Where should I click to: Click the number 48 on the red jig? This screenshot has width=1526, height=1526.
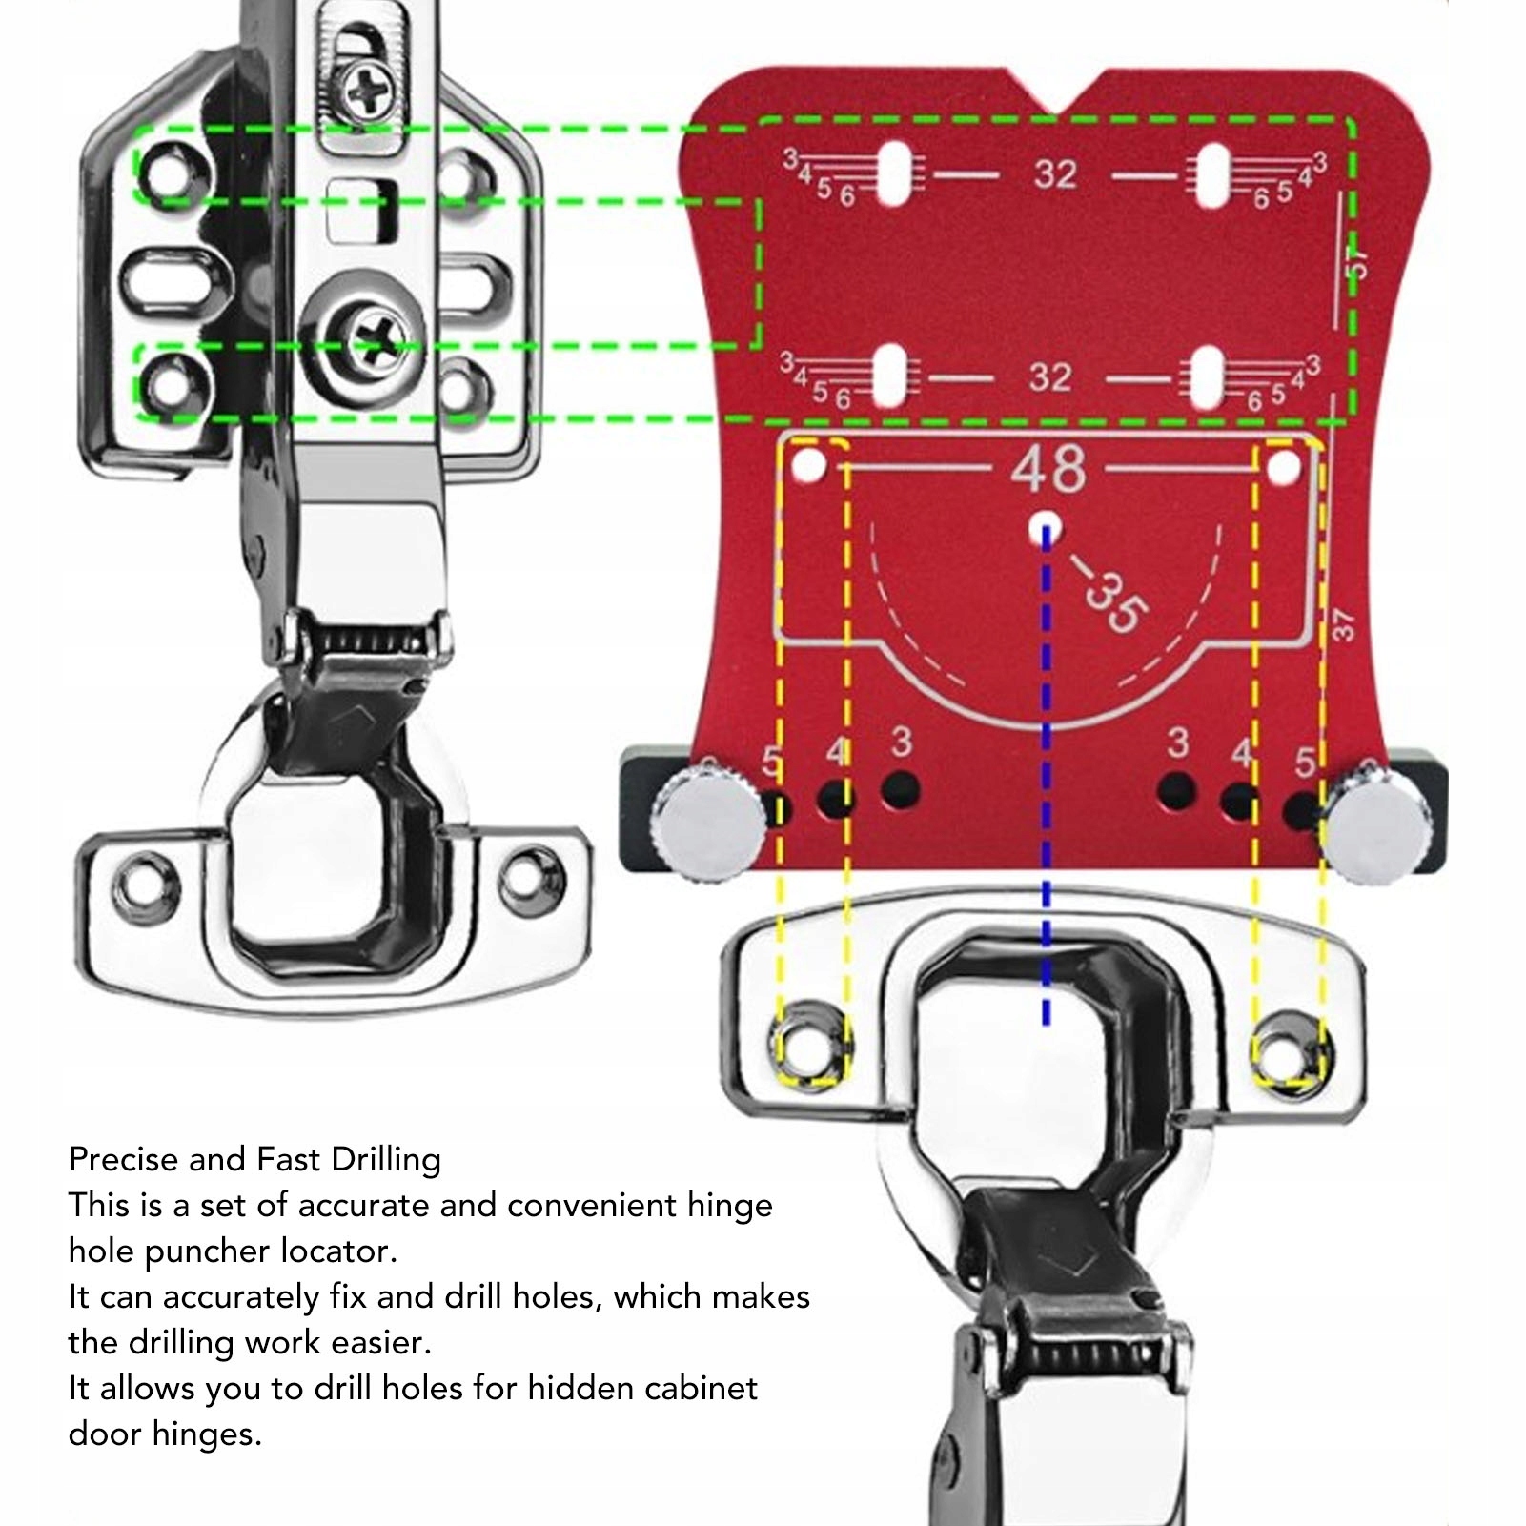click(x=1048, y=469)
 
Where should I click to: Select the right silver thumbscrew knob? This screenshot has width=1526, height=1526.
click(x=1373, y=825)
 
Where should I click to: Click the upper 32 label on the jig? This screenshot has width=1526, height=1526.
click(x=1055, y=174)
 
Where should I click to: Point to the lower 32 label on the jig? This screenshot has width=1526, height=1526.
click(x=1049, y=377)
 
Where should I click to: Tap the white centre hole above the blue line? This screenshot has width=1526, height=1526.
click(x=1047, y=527)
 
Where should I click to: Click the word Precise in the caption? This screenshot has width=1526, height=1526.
click(x=124, y=1160)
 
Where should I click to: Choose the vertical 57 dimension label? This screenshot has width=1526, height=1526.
click(x=1356, y=262)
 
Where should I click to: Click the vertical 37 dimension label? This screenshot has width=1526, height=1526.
click(x=1342, y=624)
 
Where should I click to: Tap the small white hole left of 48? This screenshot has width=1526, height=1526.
click(x=809, y=466)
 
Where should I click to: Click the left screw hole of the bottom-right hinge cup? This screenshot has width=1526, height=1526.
click(x=810, y=1045)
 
